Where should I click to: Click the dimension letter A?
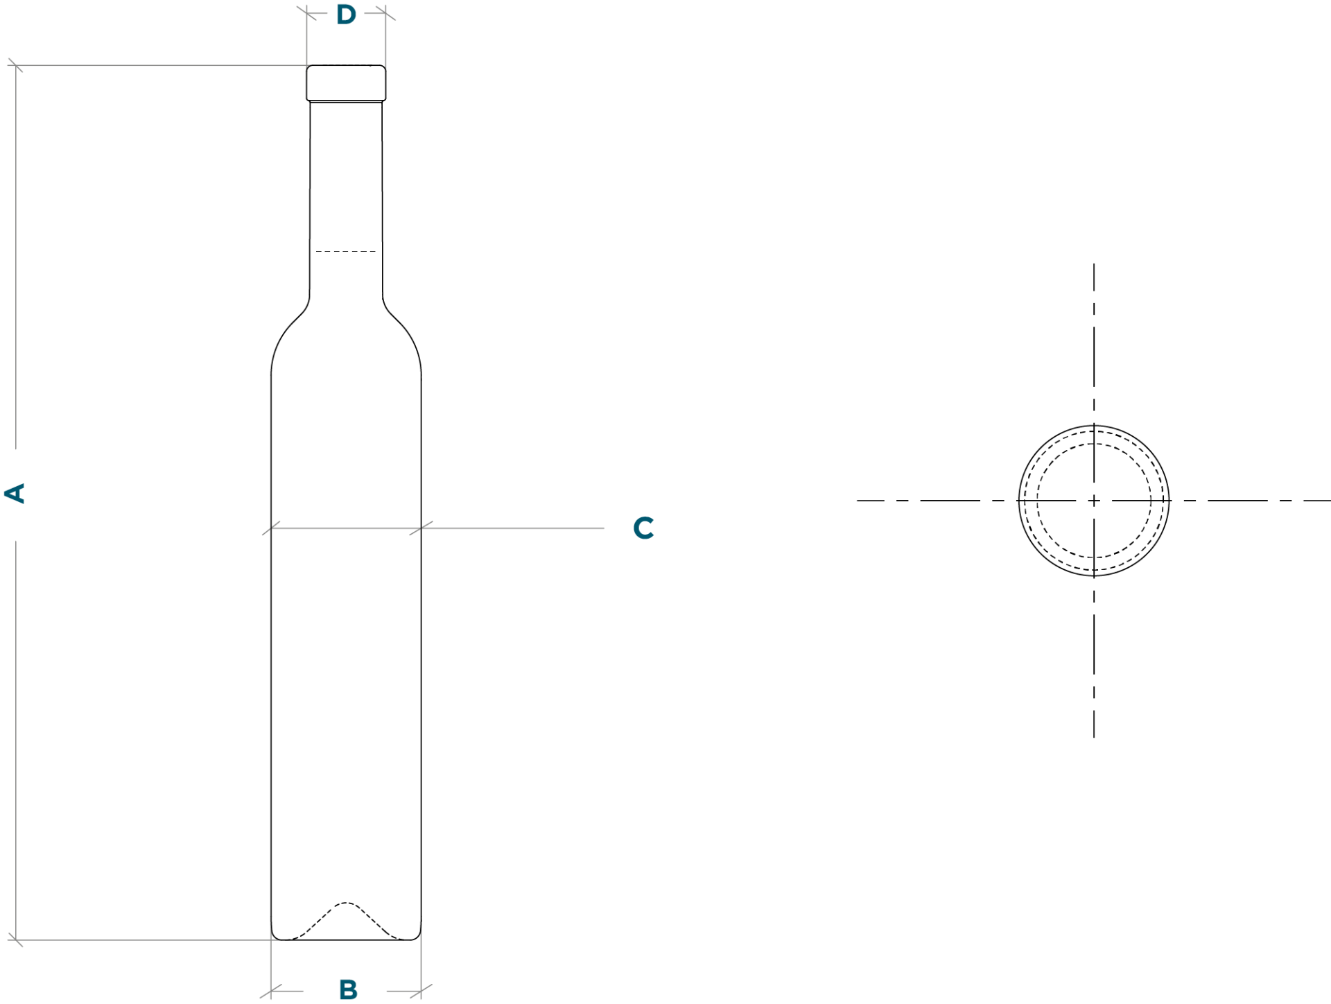click(15, 494)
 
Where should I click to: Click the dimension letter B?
click(348, 989)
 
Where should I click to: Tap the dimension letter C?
click(643, 528)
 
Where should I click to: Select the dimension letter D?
click(346, 14)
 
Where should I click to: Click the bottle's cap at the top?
click(346, 83)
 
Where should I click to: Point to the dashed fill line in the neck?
click(345, 251)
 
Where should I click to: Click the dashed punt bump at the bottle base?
click(345, 921)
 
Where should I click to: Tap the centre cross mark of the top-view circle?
click(1094, 500)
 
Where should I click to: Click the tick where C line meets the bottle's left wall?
click(271, 528)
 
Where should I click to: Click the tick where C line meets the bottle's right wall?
click(421, 528)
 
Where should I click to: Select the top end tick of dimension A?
click(15, 66)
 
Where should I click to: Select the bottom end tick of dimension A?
click(15, 940)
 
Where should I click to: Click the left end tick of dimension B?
click(271, 992)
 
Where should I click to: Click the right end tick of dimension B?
click(421, 992)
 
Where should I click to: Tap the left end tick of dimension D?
click(306, 13)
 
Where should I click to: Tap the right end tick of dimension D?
click(385, 13)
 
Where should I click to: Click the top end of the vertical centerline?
click(1094, 263)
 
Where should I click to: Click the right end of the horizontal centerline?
click(1330, 500)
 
